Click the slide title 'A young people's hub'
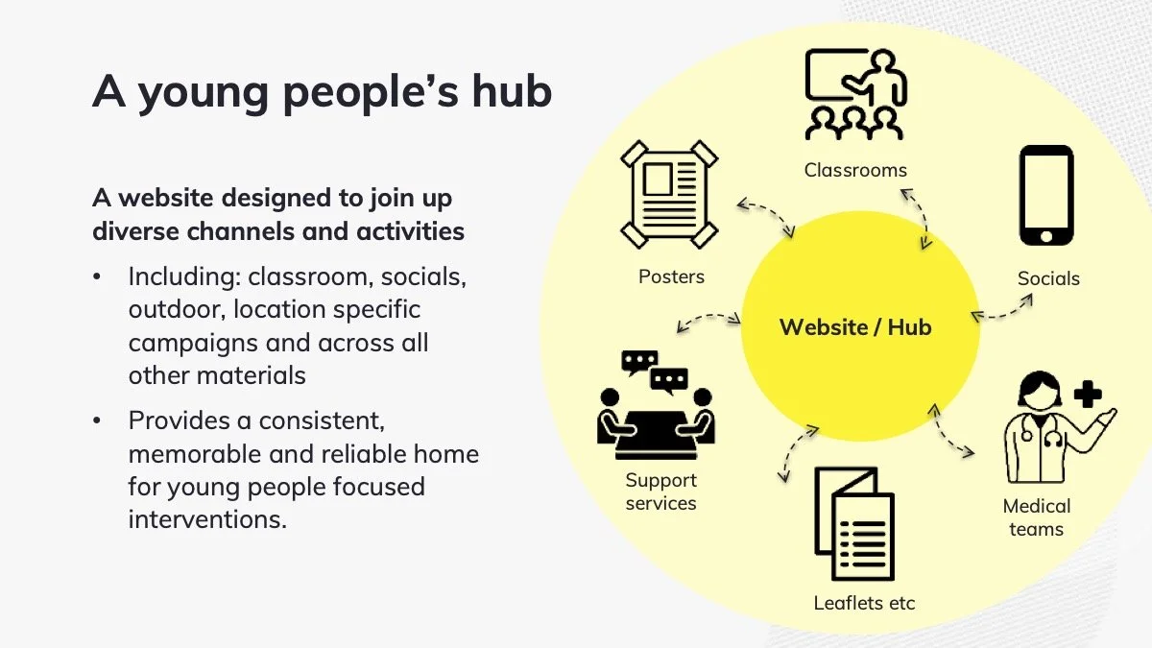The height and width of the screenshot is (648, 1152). click(x=323, y=93)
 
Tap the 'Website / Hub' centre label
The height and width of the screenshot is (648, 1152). click(x=855, y=327)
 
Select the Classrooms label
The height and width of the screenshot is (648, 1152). click(x=855, y=171)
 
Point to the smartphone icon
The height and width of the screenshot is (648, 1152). click(x=1046, y=197)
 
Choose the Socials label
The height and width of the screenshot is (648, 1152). click(x=1048, y=278)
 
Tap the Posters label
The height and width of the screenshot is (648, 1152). click(x=671, y=276)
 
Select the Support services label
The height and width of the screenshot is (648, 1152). click(x=660, y=492)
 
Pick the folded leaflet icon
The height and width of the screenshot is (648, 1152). click(x=853, y=524)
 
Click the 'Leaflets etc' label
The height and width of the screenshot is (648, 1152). click(x=864, y=603)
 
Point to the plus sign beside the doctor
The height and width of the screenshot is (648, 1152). click(x=1088, y=394)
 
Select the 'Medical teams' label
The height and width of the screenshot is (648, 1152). click(x=1036, y=517)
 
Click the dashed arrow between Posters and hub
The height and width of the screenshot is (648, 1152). click(x=765, y=218)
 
